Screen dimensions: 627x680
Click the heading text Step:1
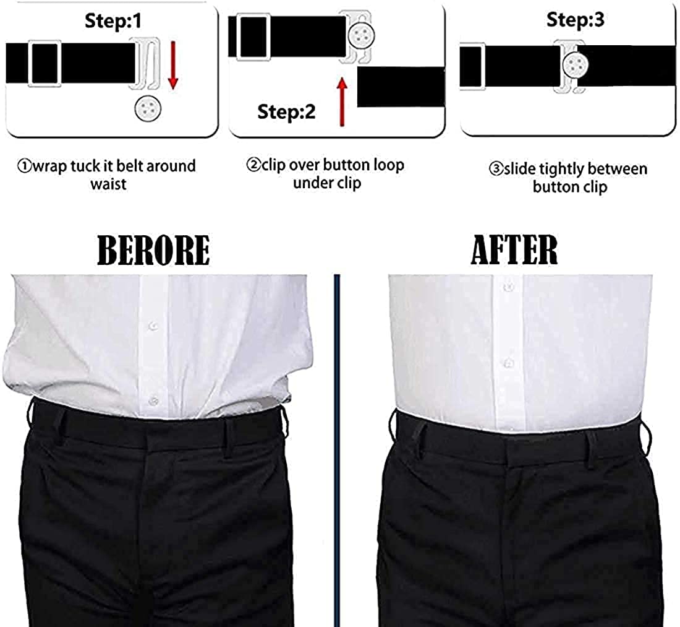pyautogui.click(x=113, y=21)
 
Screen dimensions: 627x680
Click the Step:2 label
pyautogui.click(x=286, y=111)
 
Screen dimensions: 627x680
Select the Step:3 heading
pyautogui.click(x=576, y=19)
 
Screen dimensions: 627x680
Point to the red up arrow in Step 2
pyautogui.click(x=341, y=102)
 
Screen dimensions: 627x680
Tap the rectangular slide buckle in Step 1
pyautogui.click(x=45, y=64)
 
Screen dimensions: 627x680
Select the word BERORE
pyautogui.click(x=153, y=250)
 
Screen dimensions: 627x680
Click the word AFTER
pyautogui.click(x=514, y=249)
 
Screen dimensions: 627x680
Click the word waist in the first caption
pyautogui.click(x=108, y=184)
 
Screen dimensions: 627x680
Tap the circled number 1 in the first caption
pyautogui.click(x=24, y=166)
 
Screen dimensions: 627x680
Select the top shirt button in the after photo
pyautogui.click(x=508, y=288)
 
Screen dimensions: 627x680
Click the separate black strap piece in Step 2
pyautogui.click(x=401, y=87)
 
